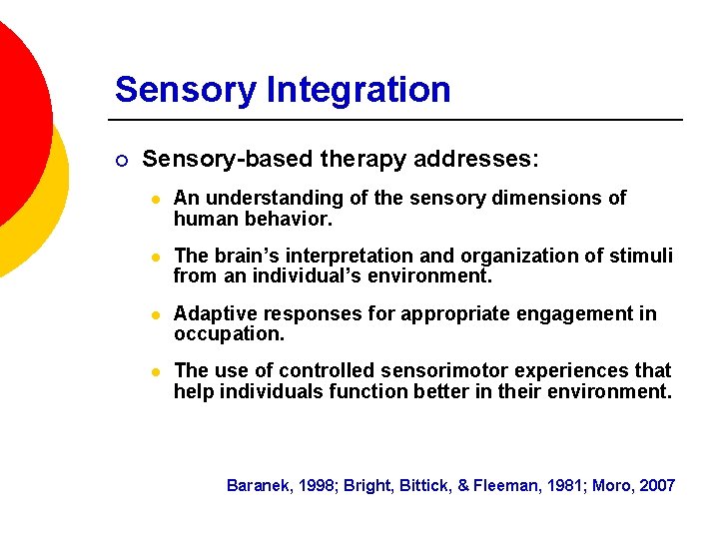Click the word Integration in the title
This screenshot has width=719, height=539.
tap(359, 90)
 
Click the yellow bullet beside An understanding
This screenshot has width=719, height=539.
tap(153, 199)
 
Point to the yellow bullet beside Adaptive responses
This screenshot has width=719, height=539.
tap(153, 315)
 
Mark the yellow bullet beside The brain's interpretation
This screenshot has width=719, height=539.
tap(153, 257)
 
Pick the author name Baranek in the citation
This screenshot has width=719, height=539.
tap(258, 486)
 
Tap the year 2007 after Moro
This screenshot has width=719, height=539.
tap(657, 486)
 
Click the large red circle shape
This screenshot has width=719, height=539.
tap(15, 110)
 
